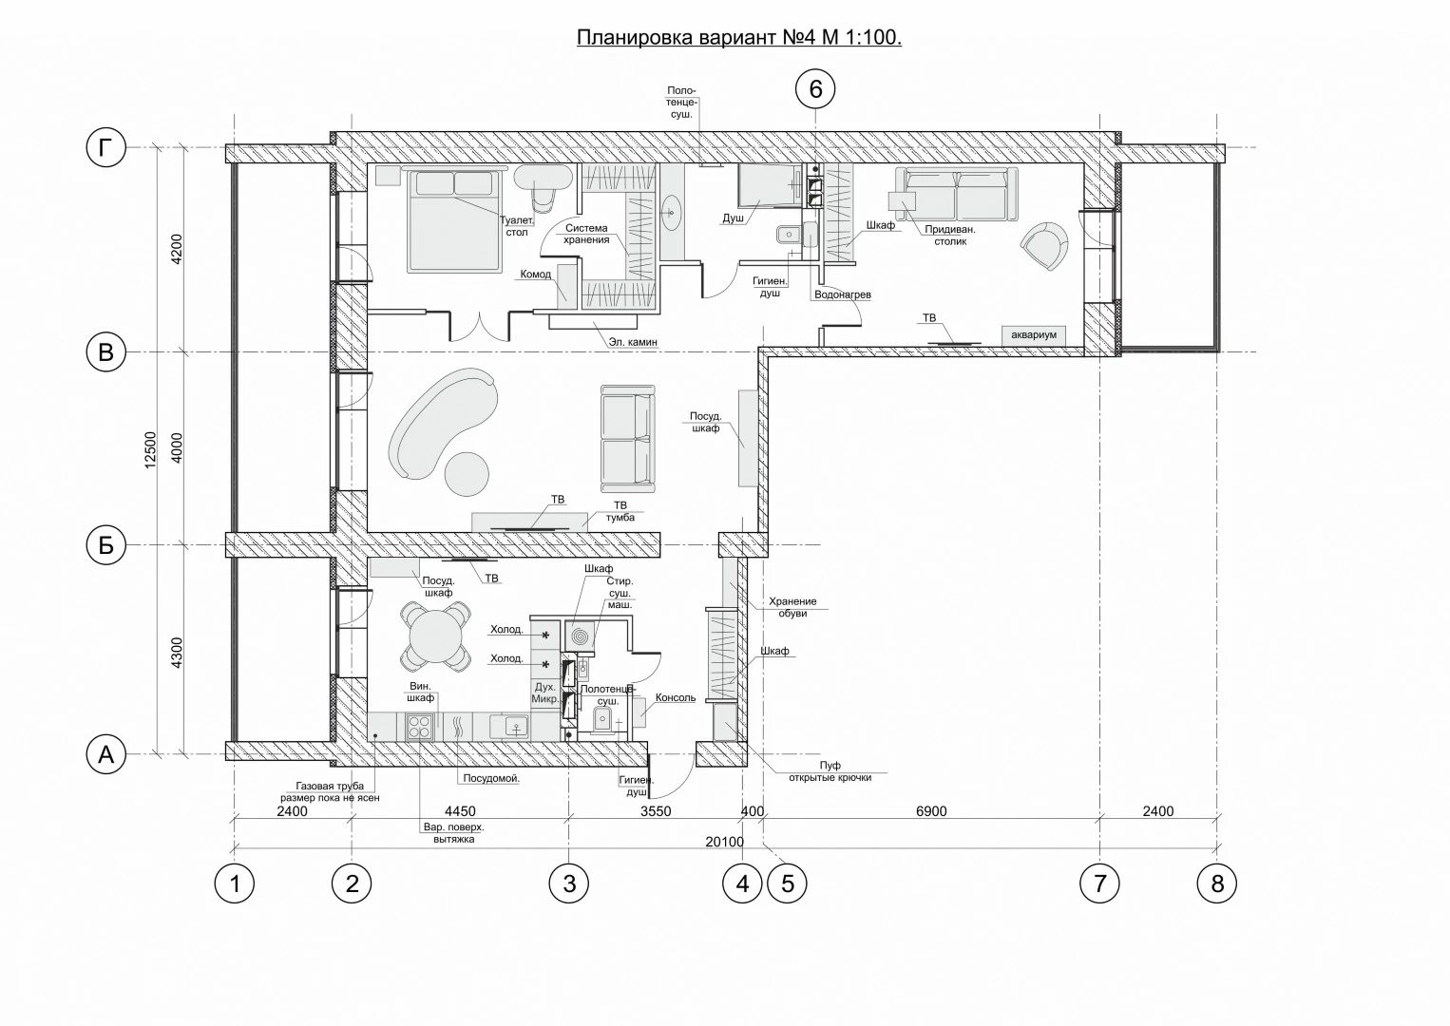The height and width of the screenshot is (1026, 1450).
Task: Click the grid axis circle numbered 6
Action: (815, 88)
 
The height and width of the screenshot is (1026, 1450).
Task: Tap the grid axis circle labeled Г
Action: (105, 147)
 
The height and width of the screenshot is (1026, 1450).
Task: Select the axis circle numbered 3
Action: (569, 883)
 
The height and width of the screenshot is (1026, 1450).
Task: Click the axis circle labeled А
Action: (105, 754)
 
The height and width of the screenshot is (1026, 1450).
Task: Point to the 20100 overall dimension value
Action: (724, 842)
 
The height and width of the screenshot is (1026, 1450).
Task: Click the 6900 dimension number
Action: (931, 811)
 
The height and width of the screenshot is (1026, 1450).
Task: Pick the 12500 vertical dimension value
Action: (150, 450)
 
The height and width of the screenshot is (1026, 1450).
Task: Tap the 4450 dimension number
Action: (460, 811)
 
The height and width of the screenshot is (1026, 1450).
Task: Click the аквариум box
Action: (1034, 335)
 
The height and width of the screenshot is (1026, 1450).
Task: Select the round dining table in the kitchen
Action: (435, 636)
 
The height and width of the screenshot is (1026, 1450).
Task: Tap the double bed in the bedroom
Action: (454, 220)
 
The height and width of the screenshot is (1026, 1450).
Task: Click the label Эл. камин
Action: (633, 341)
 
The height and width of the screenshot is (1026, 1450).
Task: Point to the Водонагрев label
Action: (842, 294)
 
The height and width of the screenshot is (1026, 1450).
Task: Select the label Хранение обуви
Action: (792, 607)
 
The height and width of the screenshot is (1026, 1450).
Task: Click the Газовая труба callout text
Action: (330, 791)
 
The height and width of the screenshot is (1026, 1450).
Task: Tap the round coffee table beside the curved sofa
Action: (467, 474)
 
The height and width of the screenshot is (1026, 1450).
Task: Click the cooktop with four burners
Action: (419, 727)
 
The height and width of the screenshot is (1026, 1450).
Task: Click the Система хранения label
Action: (586, 234)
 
